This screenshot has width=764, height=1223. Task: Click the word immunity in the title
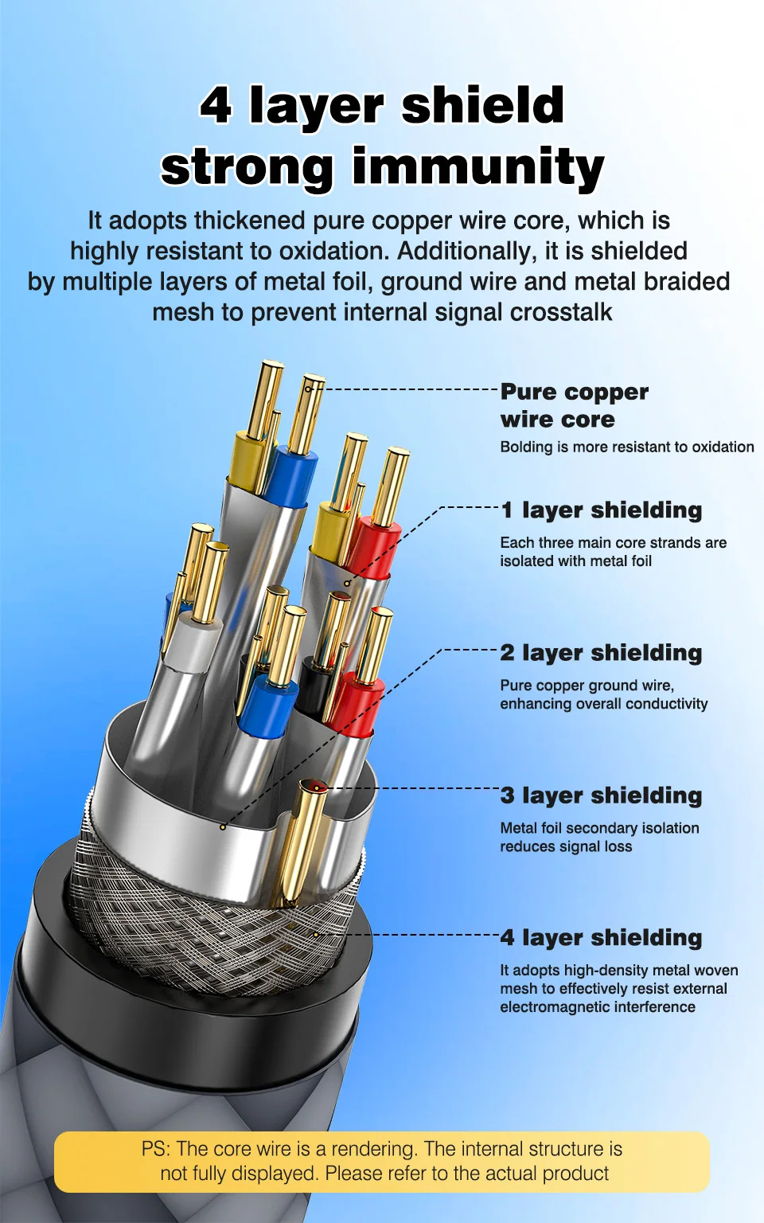(x=478, y=168)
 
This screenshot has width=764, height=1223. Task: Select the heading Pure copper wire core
(x=574, y=405)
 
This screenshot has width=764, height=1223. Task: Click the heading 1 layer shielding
(x=601, y=510)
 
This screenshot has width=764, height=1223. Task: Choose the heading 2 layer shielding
(x=601, y=653)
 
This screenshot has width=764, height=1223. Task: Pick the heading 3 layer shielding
(x=601, y=796)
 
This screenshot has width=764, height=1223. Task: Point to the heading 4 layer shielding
(x=601, y=938)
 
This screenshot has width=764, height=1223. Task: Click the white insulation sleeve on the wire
(x=192, y=644)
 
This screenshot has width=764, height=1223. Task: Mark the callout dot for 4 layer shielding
(x=315, y=935)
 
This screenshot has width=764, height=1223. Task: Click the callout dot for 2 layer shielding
(x=223, y=827)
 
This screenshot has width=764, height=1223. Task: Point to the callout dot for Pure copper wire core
(x=308, y=389)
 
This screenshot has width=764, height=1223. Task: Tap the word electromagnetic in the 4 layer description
(x=552, y=1006)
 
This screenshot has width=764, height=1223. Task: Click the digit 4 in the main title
(x=216, y=105)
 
